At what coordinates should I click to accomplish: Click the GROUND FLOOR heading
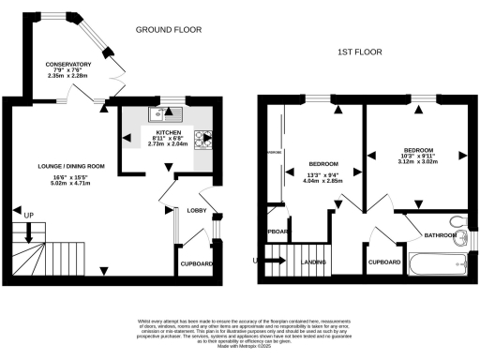[x=170, y=30]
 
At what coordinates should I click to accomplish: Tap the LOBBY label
[x=196, y=211]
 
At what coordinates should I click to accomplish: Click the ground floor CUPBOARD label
[x=197, y=264]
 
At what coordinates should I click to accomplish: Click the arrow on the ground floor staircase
[x=30, y=246]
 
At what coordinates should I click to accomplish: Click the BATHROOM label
[x=439, y=235]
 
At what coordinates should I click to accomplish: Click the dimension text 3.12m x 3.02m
[x=419, y=162]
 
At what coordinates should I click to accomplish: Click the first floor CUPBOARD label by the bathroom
[x=384, y=262]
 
